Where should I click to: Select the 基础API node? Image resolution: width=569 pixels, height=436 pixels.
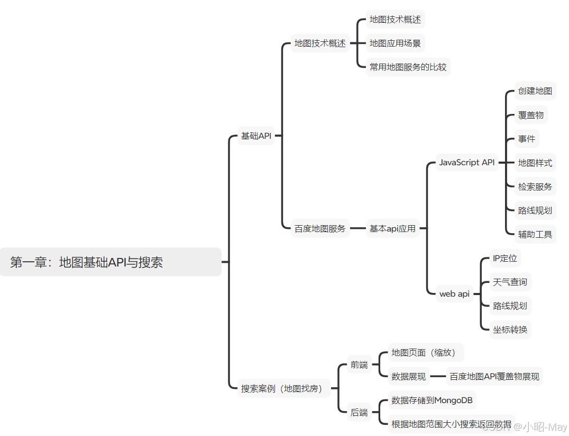point(256,136)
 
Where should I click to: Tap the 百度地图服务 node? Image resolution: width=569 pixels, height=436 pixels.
point(320,228)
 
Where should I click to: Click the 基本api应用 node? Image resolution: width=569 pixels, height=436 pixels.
point(392,228)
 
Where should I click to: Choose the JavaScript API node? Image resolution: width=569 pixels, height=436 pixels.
point(467,162)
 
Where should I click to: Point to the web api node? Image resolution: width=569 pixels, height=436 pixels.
point(454,293)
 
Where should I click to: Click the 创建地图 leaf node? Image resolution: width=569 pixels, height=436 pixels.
point(535,91)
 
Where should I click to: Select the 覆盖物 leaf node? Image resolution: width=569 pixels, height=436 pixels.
point(530,114)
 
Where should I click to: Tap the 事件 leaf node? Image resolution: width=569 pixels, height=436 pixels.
point(526,139)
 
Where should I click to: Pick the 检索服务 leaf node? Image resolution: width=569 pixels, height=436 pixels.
point(535,186)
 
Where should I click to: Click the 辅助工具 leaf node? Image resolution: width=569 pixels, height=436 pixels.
point(535,234)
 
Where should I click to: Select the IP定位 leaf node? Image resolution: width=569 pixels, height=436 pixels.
point(504,259)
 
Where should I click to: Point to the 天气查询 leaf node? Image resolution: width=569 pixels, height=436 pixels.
point(510,282)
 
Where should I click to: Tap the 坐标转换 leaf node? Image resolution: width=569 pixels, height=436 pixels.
point(510,329)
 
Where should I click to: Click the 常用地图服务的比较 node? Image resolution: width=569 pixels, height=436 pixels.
point(408,67)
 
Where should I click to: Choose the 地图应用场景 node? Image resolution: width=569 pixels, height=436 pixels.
point(395,43)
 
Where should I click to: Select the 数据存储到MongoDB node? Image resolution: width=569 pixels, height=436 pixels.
point(432,400)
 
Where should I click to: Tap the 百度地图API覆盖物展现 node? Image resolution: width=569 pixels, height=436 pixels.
point(494,377)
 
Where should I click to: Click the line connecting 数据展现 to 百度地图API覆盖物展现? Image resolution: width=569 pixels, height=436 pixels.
point(438,377)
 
